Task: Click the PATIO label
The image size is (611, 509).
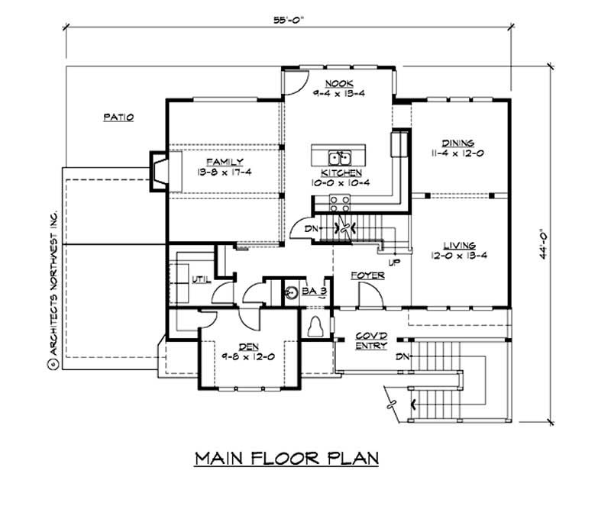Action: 118,118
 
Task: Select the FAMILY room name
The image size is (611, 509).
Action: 222,162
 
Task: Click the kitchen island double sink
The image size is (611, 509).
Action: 340,158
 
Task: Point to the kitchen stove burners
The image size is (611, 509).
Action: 340,202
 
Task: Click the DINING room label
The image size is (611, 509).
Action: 457,143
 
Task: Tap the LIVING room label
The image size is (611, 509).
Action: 458,245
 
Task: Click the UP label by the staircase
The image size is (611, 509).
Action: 395,262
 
